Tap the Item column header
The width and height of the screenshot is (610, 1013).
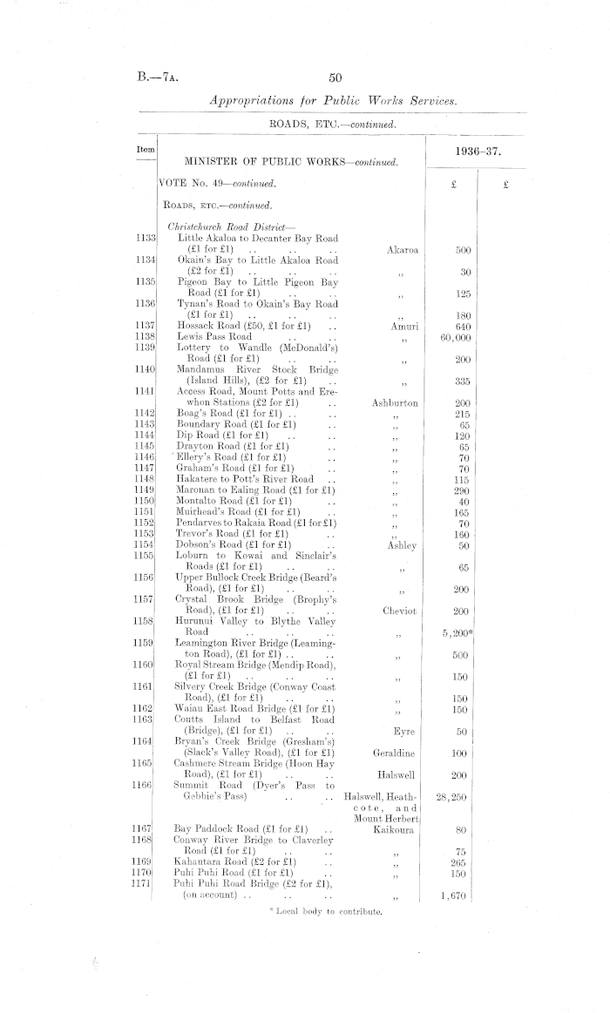pyautogui.click(x=146, y=150)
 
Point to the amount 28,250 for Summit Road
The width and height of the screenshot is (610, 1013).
pyautogui.click(x=457, y=796)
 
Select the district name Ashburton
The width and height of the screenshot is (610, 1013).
pyautogui.click(x=395, y=403)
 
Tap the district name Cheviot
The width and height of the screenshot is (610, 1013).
pyautogui.click(x=399, y=611)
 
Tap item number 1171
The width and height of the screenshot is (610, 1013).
pyautogui.click(x=145, y=883)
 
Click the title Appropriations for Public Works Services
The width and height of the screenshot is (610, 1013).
pyautogui.click(x=334, y=102)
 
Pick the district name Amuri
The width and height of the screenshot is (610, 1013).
pyautogui.click(x=402, y=324)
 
